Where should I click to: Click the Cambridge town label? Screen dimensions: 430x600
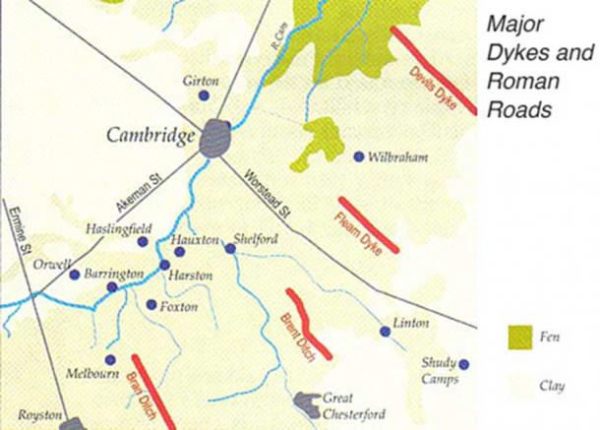click(151, 136)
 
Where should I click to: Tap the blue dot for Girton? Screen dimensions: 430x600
click(204, 96)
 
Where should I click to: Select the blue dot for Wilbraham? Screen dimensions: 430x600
click(359, 156)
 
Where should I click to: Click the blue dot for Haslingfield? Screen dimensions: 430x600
click(143, 241)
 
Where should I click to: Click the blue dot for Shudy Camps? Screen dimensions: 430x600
click(463, 364)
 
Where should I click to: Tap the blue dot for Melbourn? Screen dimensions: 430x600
click(110, 360)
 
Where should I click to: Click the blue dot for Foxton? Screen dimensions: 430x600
click(151, 305)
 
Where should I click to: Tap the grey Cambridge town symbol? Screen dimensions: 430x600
click(214, 139)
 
